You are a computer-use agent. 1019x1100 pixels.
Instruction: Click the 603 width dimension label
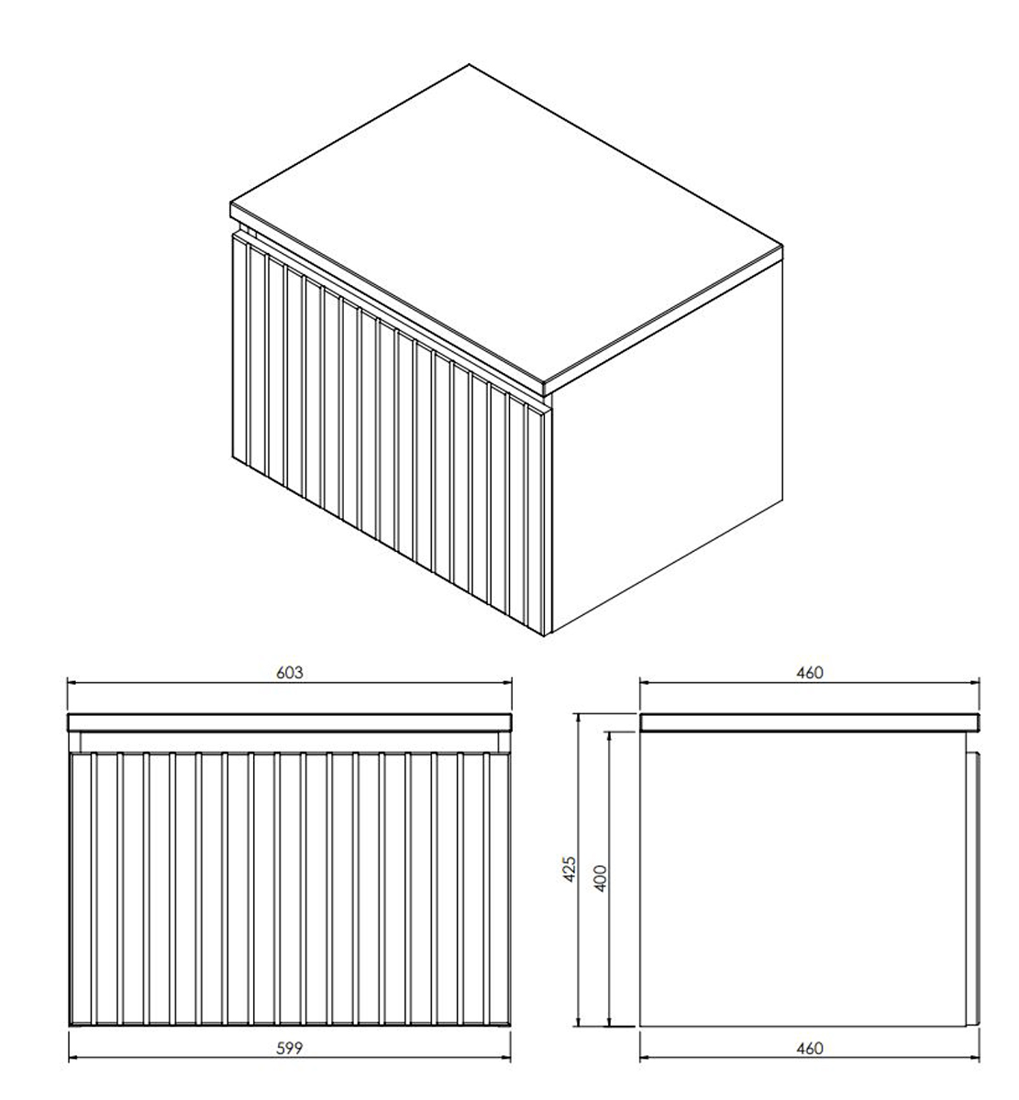coord(290,673)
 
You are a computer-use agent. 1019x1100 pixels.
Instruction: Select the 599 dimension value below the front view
coord(290,1049)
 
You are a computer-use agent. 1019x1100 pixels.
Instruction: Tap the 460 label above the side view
coord(810,673)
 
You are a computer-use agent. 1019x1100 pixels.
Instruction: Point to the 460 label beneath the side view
coord(810,1049)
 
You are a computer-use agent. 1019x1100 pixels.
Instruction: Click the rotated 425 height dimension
coord(570,869)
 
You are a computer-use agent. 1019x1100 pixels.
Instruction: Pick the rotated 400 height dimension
coord(601,878)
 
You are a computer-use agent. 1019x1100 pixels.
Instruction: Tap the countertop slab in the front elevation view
coord(290,723)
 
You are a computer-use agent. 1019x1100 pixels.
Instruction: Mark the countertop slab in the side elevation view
coord(810,723)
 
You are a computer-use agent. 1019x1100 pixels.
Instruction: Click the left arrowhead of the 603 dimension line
coord(72,683)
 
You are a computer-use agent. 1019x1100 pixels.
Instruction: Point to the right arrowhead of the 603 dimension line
coord(506,683)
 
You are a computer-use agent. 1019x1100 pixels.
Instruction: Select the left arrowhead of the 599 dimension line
coord(74,1059)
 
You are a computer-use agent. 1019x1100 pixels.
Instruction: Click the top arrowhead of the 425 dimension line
coord(578,720)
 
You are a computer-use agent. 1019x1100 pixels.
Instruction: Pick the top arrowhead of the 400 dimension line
coord(609,738)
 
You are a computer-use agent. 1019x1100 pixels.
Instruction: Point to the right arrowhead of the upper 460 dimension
coord(974,683)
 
